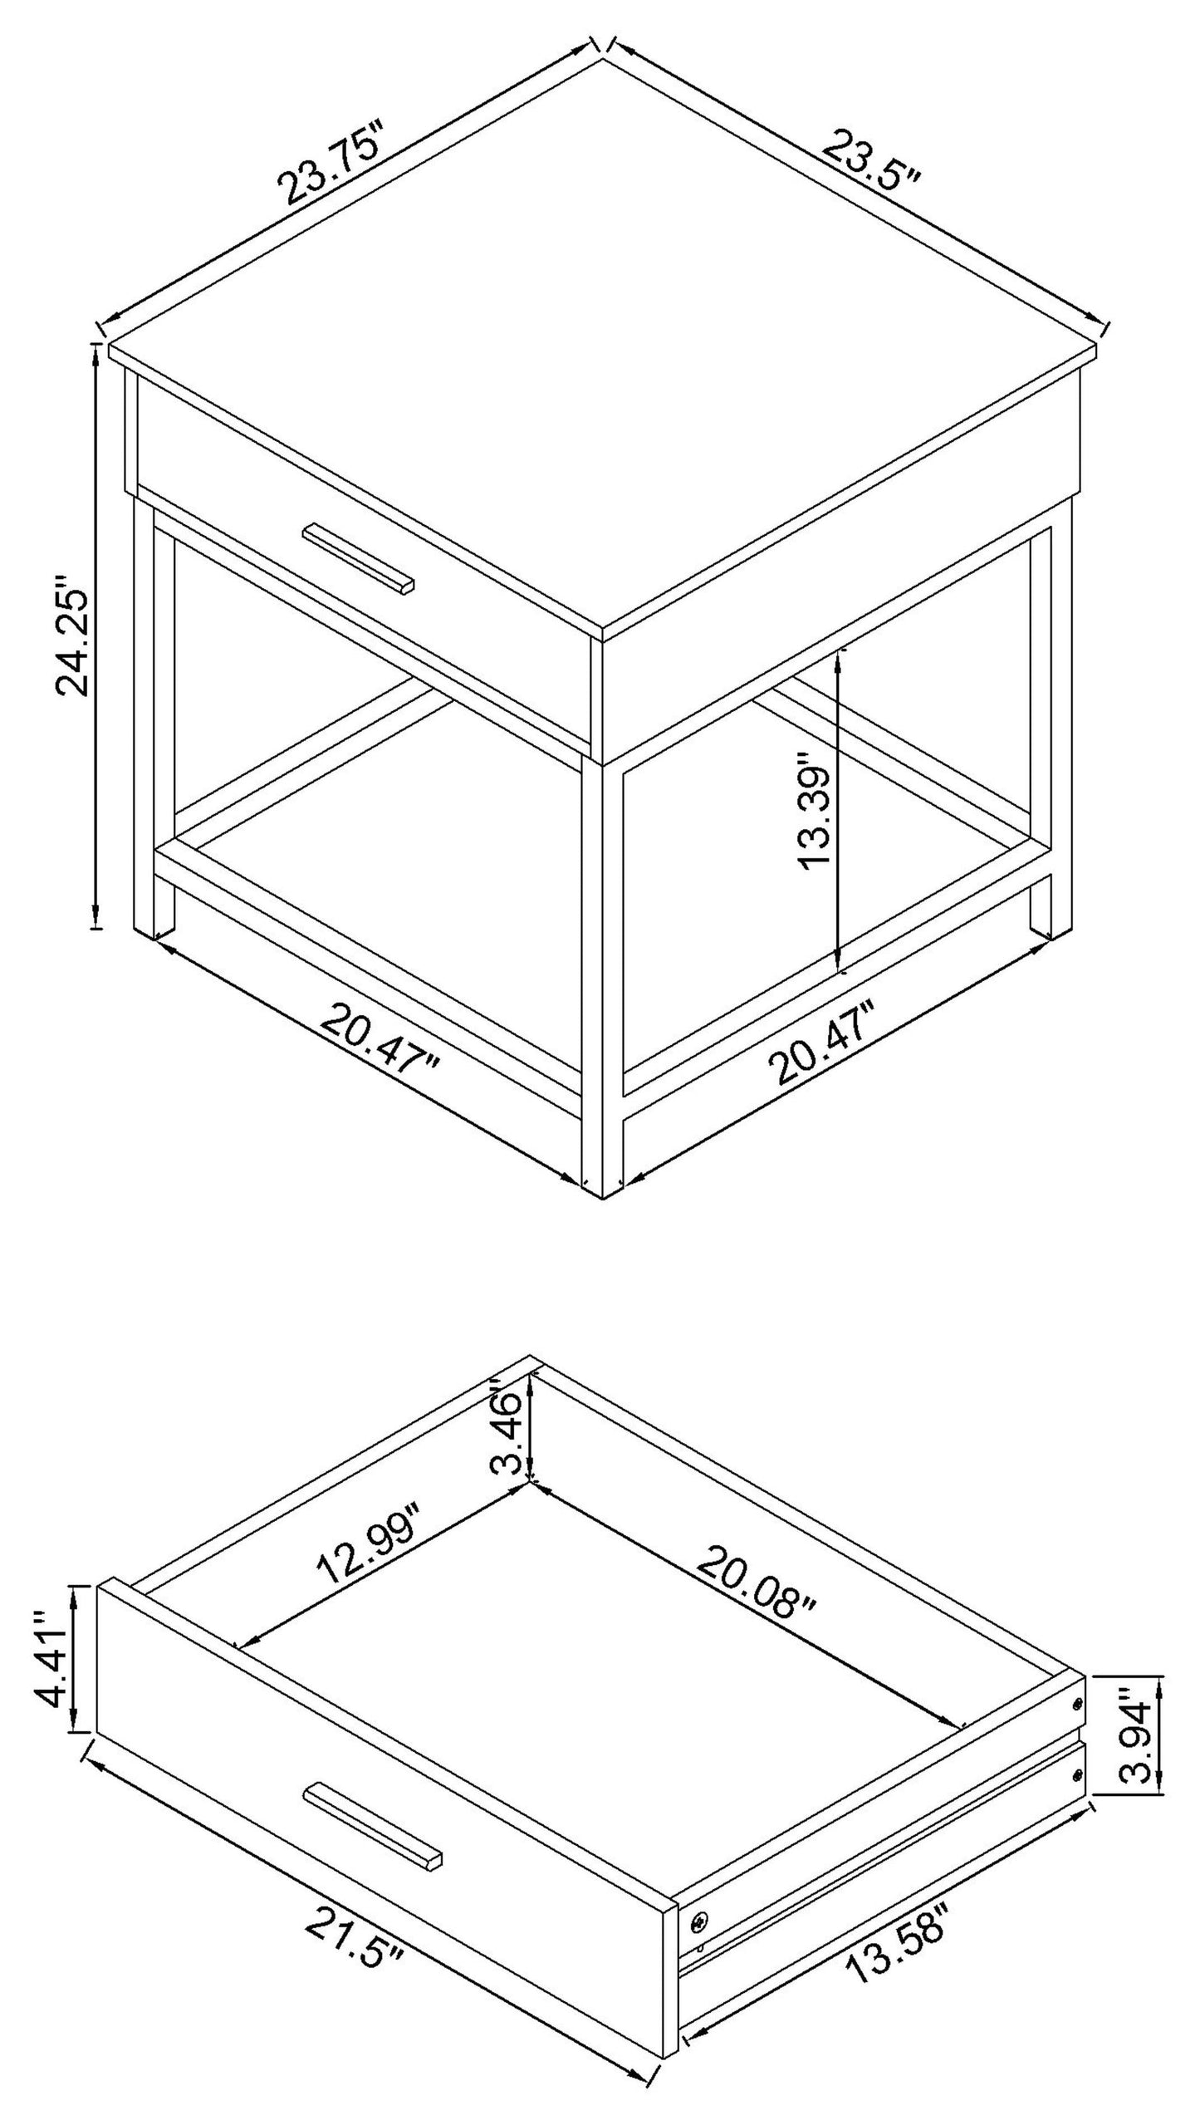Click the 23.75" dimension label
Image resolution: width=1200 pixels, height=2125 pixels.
(332, 163)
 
